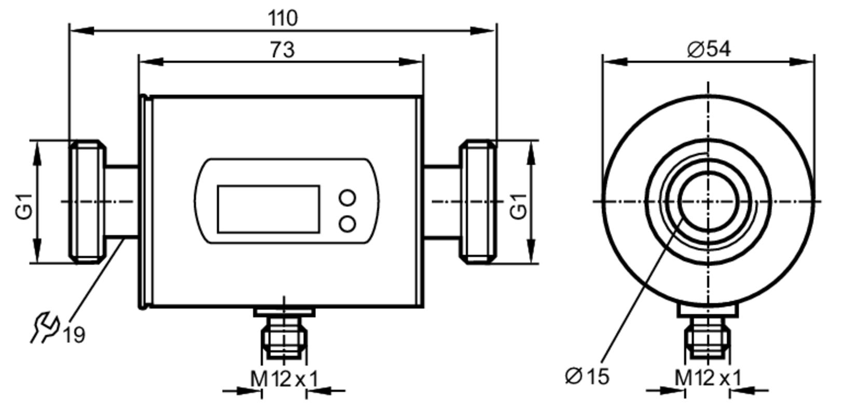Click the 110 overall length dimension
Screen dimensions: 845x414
[x=283, y=18]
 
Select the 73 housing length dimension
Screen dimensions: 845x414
[x=282, y=50]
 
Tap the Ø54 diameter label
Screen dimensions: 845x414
[x=709, y=49]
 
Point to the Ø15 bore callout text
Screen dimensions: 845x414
[x=587, y=376]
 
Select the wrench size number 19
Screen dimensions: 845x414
[x=74, y=335]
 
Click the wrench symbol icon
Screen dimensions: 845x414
[x=45, y=327]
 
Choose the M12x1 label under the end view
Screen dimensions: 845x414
[x=708, y=378]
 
